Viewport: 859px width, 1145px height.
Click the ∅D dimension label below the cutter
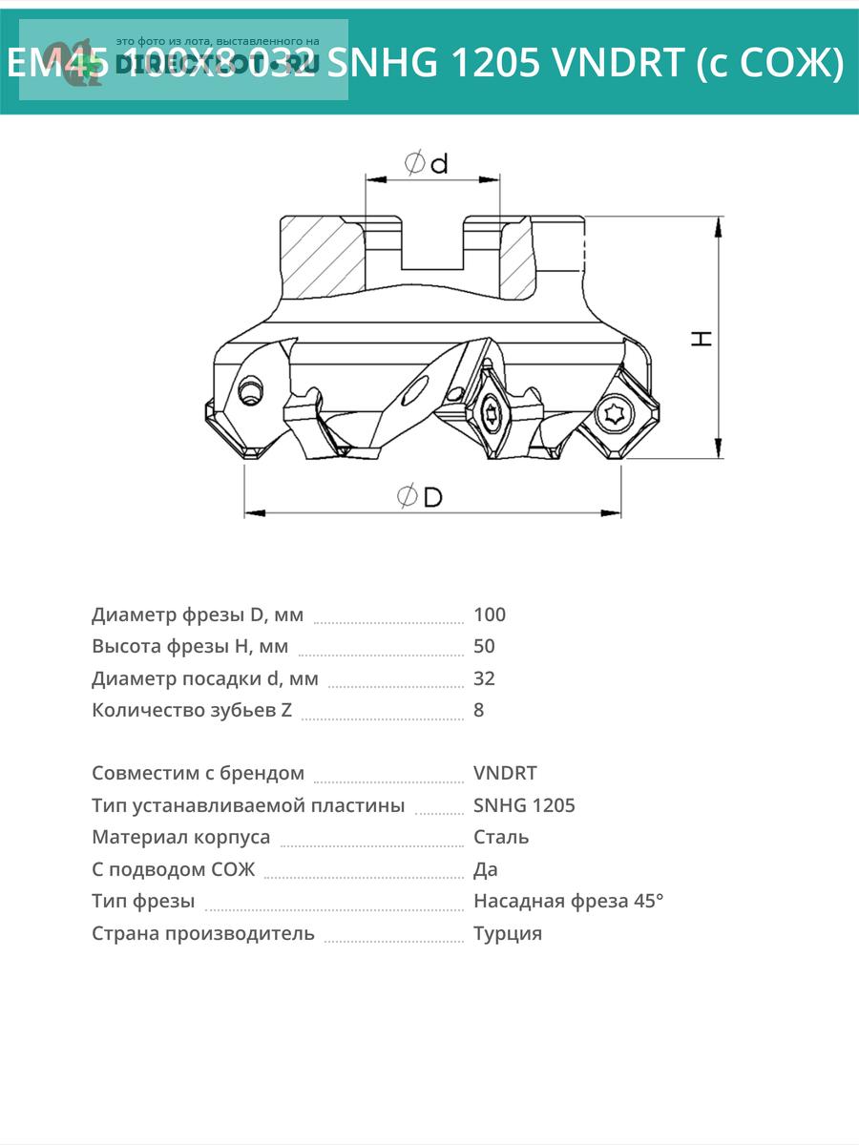tap(420, 496)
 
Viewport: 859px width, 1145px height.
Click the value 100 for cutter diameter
tap(490, 614)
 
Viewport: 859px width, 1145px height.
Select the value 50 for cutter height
tap(484, 646)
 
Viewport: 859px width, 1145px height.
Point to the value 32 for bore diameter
tap(484, 678)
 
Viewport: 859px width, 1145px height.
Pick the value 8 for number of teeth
tap(479, 710)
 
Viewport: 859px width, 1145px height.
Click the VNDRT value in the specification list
tap(505, 773)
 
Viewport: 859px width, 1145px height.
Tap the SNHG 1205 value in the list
tap(524, 805)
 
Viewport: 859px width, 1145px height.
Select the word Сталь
tap(501, 837)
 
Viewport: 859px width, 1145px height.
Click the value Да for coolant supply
tap(486, 869)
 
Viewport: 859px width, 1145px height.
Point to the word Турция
tap(508, 933)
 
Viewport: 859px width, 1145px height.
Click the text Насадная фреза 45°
tap(568, 901)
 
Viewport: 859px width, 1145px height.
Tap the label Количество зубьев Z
tap(192, 710)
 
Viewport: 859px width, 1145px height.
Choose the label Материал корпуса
tap(180, 837)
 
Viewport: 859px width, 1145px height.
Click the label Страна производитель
tap(202, 933)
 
